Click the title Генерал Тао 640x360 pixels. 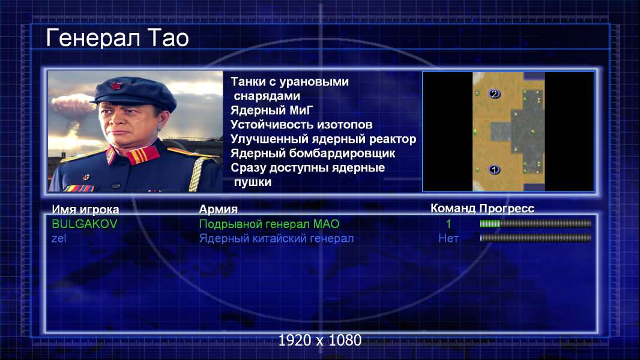tap(118, 38)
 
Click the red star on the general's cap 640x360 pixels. tap(115, 86)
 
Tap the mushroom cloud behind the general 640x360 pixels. tap(73, 104)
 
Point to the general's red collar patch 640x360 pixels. tap(143, 155)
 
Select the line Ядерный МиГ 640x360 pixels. tap(272, 110)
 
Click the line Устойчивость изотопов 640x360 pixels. tap(301, 124)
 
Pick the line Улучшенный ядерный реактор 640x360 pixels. tap(323, 139)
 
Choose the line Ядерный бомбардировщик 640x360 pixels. tap(313, 153)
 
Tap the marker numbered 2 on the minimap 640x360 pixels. tap(494, 94)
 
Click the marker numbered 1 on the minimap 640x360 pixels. tap(494, 169)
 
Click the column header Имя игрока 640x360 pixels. tap(85, 209)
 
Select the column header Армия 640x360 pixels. tap(219, 209)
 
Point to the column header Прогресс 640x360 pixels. tap(507, 208)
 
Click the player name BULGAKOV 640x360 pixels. tap(85, 224)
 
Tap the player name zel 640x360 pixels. tap(59, 239)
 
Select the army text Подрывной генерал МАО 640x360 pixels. tap(269, 224)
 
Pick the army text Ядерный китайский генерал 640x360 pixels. tap(276, 239)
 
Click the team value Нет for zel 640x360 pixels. tap(448, 238)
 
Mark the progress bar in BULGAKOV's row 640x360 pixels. tap(536, 223)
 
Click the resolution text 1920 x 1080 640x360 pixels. tap(320, 340)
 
